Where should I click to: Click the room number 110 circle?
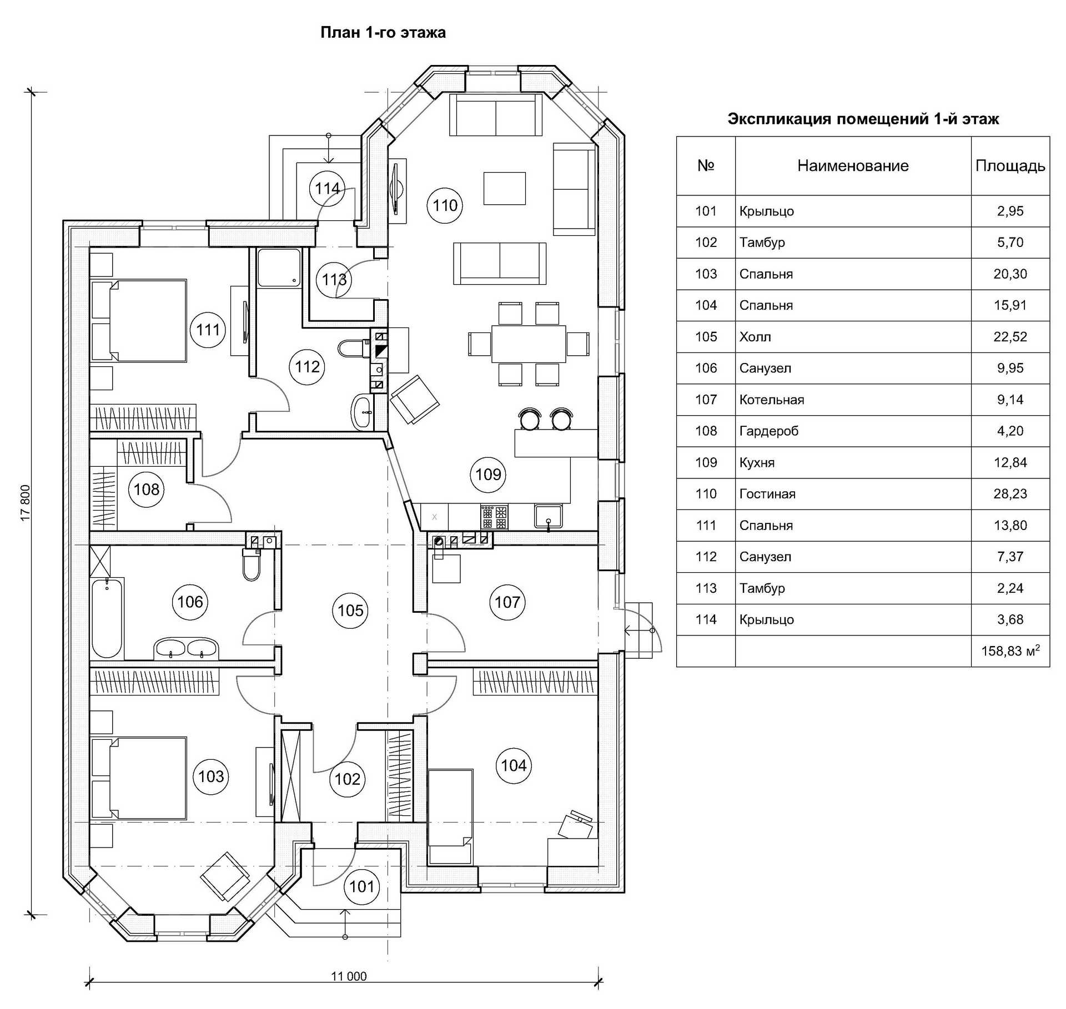(x=445, y=205)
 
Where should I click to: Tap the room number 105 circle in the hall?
(x=350, y=611)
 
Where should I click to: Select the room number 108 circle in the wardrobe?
(x=147, y=489)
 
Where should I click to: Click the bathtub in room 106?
(x=107, y=617)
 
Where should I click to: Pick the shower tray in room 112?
(x=279, y=268)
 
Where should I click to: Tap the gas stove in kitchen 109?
(x=494, y=517)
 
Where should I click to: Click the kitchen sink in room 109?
(x=548, y=516)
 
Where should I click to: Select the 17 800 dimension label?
(x=26, y=503)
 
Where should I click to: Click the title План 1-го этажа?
(x=383, y=33)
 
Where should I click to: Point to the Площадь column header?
(x=1010, y=165)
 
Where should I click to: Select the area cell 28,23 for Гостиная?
(x=1010, y=494)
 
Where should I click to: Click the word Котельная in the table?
(x=772, y=400)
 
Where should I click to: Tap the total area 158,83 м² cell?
(x=1010, y=651)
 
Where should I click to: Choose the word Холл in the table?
(x=755, y=337)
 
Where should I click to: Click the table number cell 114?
(x=706, y=619)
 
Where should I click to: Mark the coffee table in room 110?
(x=504, y=188)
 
